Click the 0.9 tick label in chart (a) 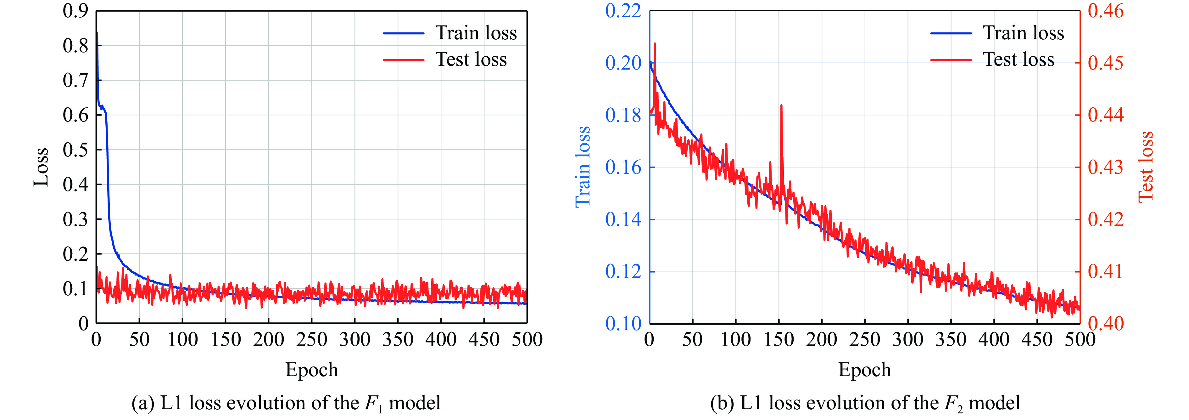tap(75, 11)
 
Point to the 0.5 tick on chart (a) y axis tap(75, 150)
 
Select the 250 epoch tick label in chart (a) tap(311, 340)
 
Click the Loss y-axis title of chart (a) tap(41, 167)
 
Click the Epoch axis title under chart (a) tap(311, 370)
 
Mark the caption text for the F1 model tap(286, 403)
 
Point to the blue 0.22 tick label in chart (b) tap(623, 11)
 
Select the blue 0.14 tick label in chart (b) tap(623, 219)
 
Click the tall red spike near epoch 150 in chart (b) tap(781, 107)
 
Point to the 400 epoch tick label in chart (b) tap(994, 340)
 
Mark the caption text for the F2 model tap(865, 403)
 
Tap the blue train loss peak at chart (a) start tap(97, 33)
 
